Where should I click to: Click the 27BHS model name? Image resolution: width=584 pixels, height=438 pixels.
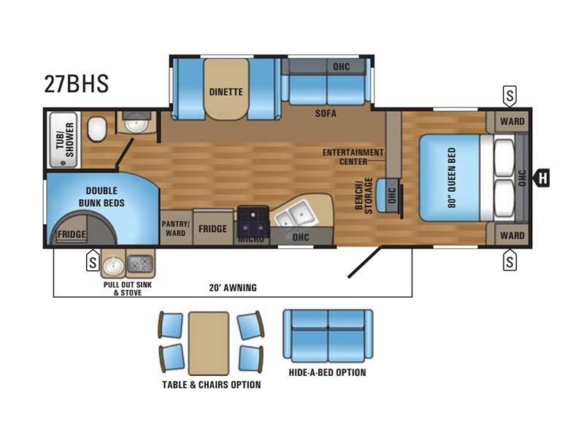77,83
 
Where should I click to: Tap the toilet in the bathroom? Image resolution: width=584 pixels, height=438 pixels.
97,128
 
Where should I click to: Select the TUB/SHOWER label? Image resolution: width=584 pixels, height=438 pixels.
65,139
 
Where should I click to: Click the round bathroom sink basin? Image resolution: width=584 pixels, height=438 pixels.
136,123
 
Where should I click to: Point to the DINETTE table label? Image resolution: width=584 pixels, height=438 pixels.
226,92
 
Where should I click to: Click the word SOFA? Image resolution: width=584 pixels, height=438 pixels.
326,113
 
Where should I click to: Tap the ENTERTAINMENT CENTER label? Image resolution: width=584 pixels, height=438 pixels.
353,157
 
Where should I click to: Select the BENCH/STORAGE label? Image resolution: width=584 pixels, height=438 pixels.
364,196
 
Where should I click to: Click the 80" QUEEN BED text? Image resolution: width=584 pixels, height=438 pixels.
452,177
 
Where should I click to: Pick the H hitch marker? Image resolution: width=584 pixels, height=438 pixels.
542,177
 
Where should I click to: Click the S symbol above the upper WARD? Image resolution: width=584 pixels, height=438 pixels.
510,96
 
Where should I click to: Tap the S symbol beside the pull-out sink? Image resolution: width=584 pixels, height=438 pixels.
93,261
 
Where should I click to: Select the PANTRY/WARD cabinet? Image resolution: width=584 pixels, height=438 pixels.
176,228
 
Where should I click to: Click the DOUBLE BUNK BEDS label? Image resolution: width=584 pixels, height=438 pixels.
101,196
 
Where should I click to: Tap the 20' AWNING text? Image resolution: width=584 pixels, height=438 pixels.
233,288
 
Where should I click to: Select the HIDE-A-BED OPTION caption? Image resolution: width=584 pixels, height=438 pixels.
327,372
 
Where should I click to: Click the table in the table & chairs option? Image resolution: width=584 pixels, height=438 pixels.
209,343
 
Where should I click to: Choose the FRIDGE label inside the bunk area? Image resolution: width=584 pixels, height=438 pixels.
72,234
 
